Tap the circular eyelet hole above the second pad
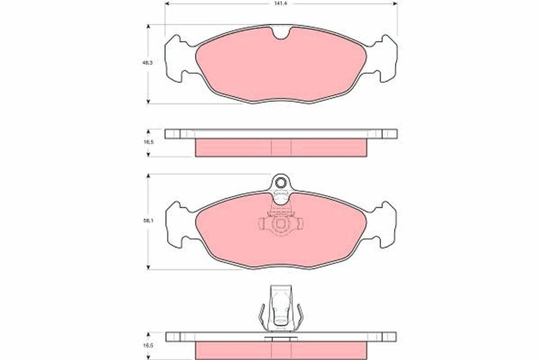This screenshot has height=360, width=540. (x=281, y=183)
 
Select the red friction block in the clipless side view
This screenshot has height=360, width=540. (x=281, y=148)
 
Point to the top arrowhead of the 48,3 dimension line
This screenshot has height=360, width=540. (x=149, y=26)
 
